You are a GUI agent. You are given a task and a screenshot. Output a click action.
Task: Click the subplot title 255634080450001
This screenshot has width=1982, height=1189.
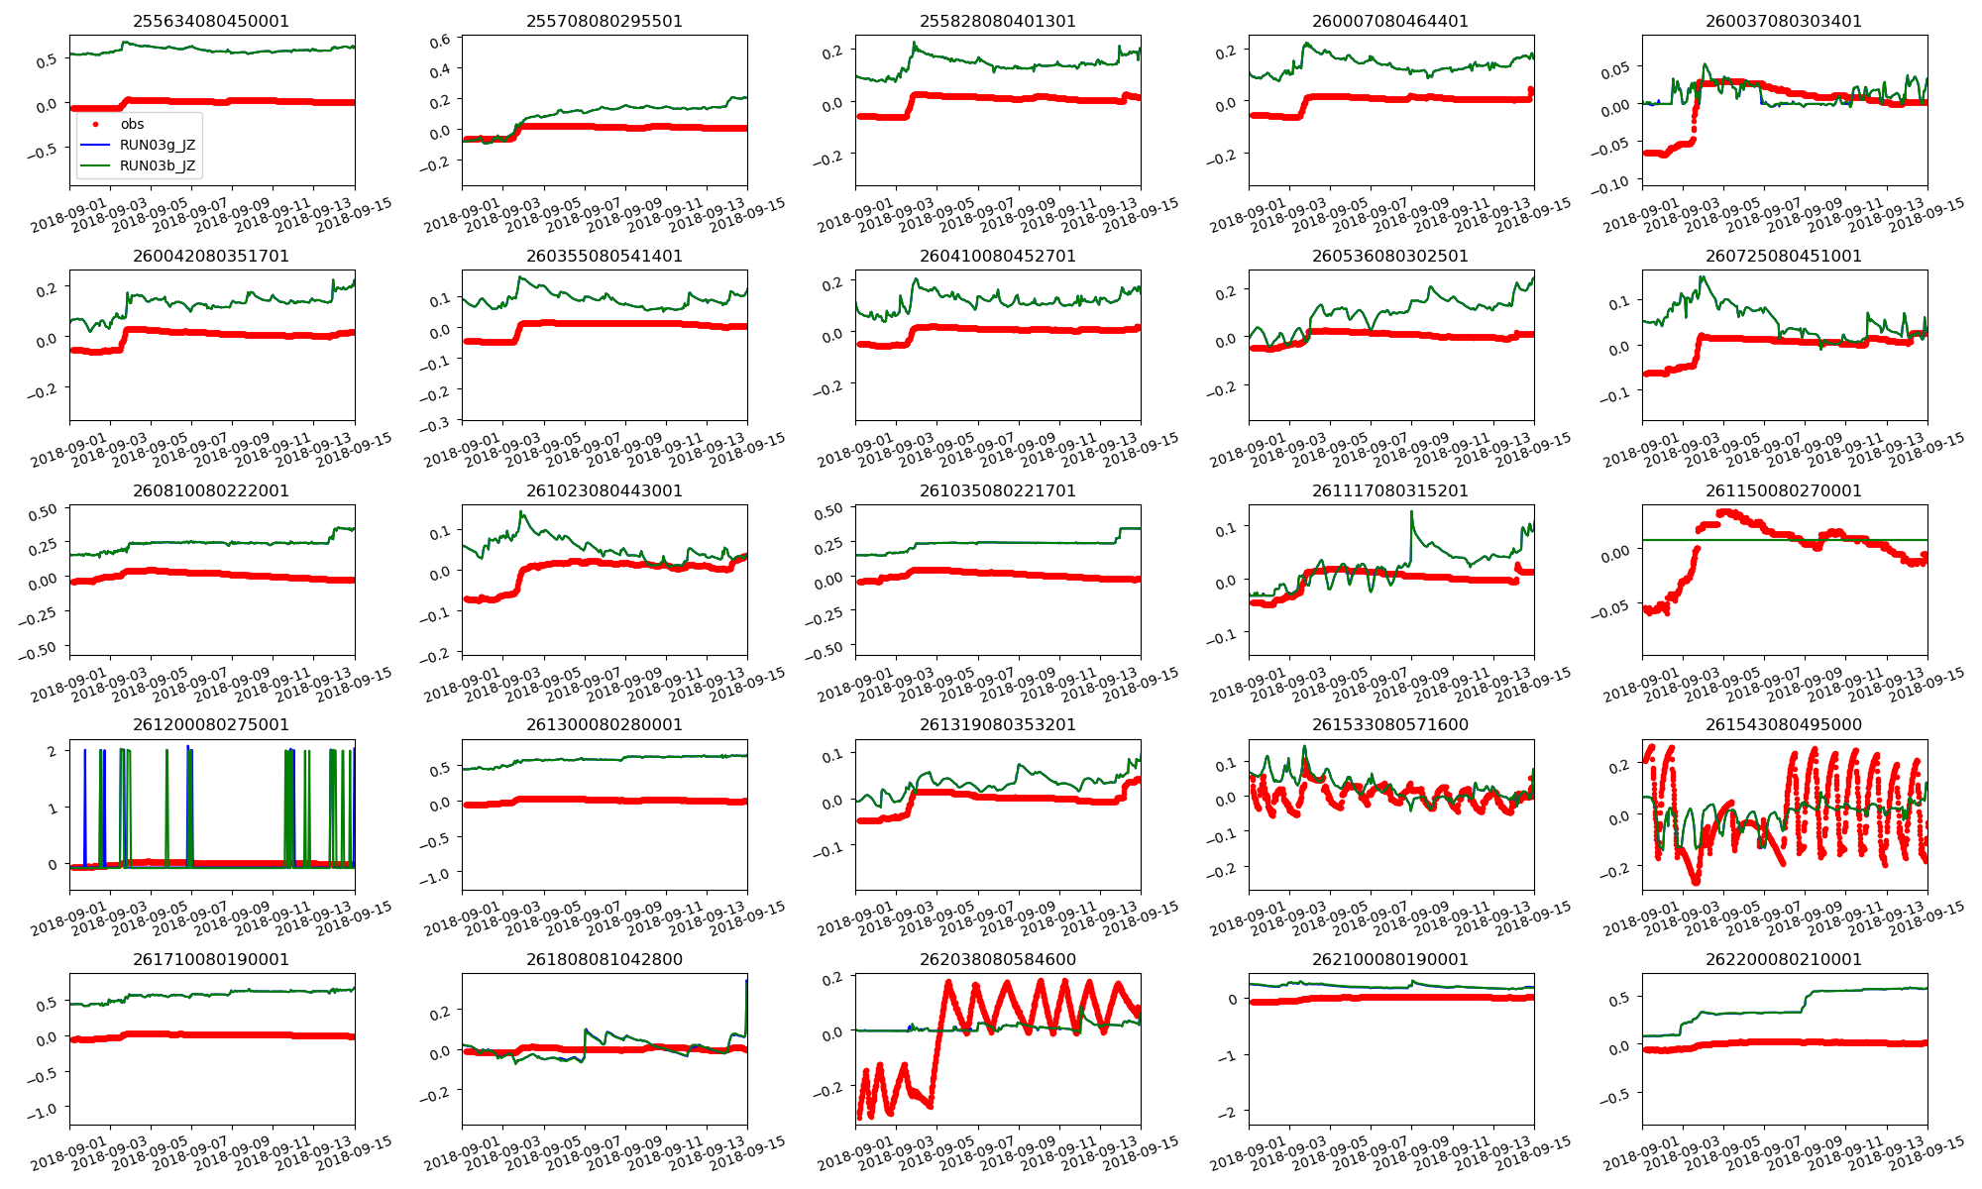[x=211, y=21]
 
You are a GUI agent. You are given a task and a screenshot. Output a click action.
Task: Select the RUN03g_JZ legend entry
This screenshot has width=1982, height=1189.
[x=157, y=145]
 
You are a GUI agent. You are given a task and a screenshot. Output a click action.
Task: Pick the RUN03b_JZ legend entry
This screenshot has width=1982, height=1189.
[x=157, y=165]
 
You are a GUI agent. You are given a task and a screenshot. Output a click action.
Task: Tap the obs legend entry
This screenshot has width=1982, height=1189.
[x=132, y=124]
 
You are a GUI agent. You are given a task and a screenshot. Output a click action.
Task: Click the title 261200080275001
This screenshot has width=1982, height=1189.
[x=211, y=724]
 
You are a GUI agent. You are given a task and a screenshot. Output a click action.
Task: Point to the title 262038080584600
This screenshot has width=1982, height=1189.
[x=997, y=959]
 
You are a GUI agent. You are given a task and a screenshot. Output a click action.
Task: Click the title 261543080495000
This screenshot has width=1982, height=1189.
[x=1783, y=724]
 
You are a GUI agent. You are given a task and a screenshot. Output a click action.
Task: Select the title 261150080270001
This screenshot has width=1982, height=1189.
[x=1783, y=490]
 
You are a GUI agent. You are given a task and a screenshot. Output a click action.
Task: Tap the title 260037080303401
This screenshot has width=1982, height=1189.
[x=1783, y=21]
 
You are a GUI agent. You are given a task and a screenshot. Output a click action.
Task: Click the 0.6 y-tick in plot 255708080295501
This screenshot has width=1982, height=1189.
[x=440, y=40]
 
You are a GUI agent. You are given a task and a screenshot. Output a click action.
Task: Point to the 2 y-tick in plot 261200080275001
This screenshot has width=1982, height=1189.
[x=52, y=751]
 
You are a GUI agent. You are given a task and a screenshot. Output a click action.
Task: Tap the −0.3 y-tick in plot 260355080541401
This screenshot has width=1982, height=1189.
[x=435, y=423]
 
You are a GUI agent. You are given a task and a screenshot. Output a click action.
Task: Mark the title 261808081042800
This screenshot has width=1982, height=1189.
[x=604, y=959]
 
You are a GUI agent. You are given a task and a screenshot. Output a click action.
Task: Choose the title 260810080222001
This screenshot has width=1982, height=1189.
[x=211, y=490]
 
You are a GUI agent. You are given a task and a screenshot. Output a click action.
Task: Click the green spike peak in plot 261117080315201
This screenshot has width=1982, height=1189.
[x=1411, y=512]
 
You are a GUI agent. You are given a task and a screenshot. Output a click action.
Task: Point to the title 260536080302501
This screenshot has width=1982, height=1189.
[x=1390, y=256]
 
